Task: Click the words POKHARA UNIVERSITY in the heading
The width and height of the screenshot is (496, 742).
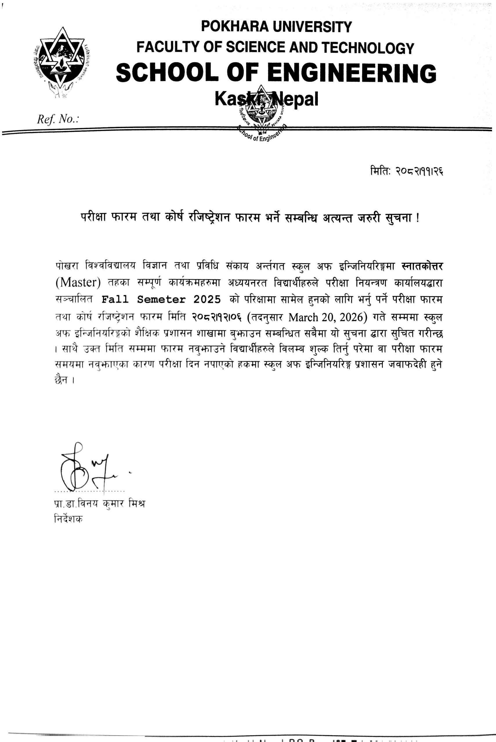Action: [276, 27]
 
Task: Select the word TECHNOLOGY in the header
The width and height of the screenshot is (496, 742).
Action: [368, 48]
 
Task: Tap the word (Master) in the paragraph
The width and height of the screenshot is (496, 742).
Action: [78, 282]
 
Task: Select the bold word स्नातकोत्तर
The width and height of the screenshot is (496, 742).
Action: [422, 266]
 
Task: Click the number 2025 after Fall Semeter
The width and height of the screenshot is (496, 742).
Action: [207, 299]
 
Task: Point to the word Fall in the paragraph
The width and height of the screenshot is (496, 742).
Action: [115, 299]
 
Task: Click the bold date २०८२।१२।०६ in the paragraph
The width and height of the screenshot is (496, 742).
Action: [218, 317]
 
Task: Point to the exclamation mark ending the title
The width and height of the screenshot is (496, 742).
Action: [418, 218]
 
